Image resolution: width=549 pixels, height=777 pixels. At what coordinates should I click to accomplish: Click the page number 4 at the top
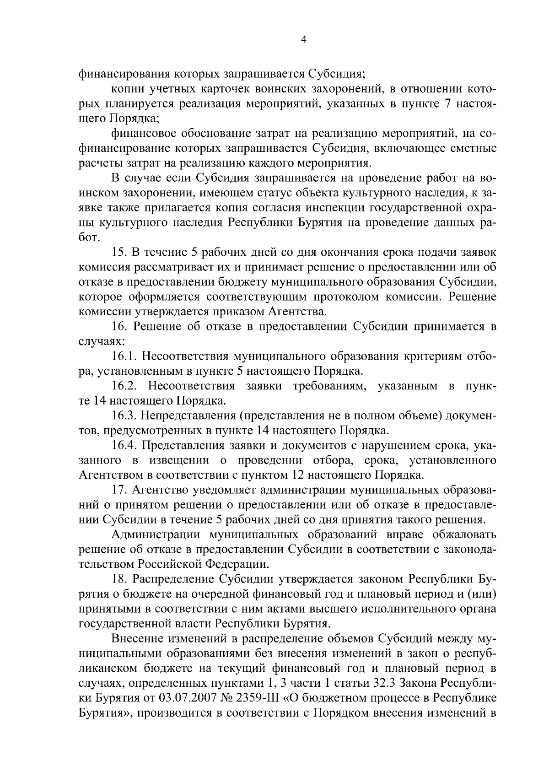pos(303,40)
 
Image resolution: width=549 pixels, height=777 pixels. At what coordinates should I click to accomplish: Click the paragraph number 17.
pos(120,490)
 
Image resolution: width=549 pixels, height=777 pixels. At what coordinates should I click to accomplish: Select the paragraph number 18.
pos(120,579)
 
